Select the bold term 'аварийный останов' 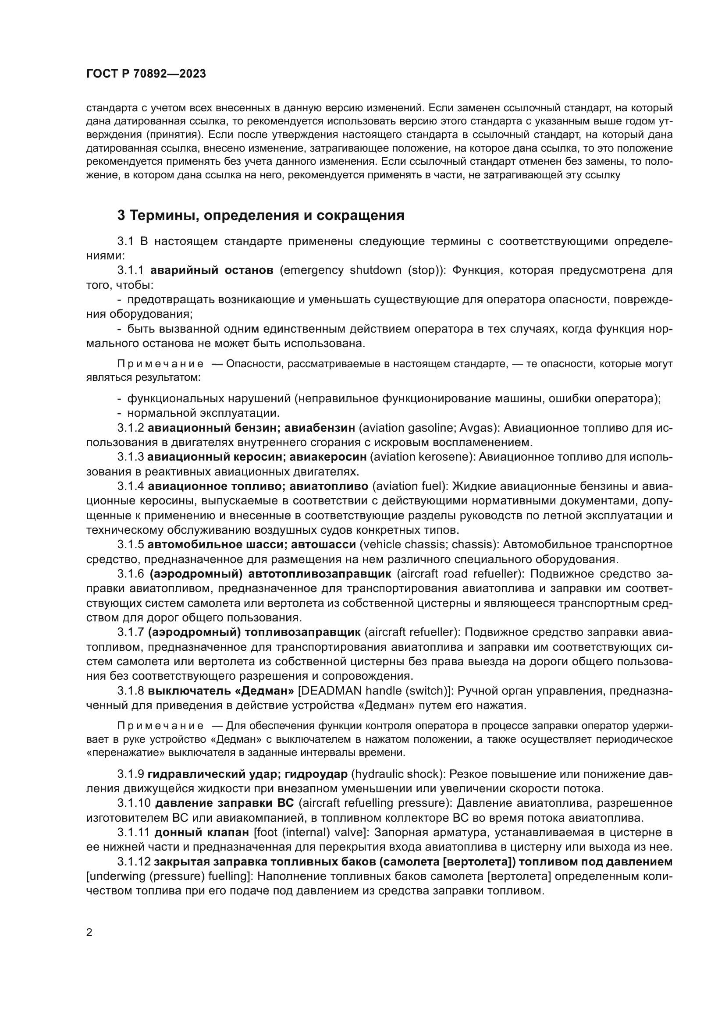[x=212, y=270]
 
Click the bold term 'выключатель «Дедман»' [x=220, y=691]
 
